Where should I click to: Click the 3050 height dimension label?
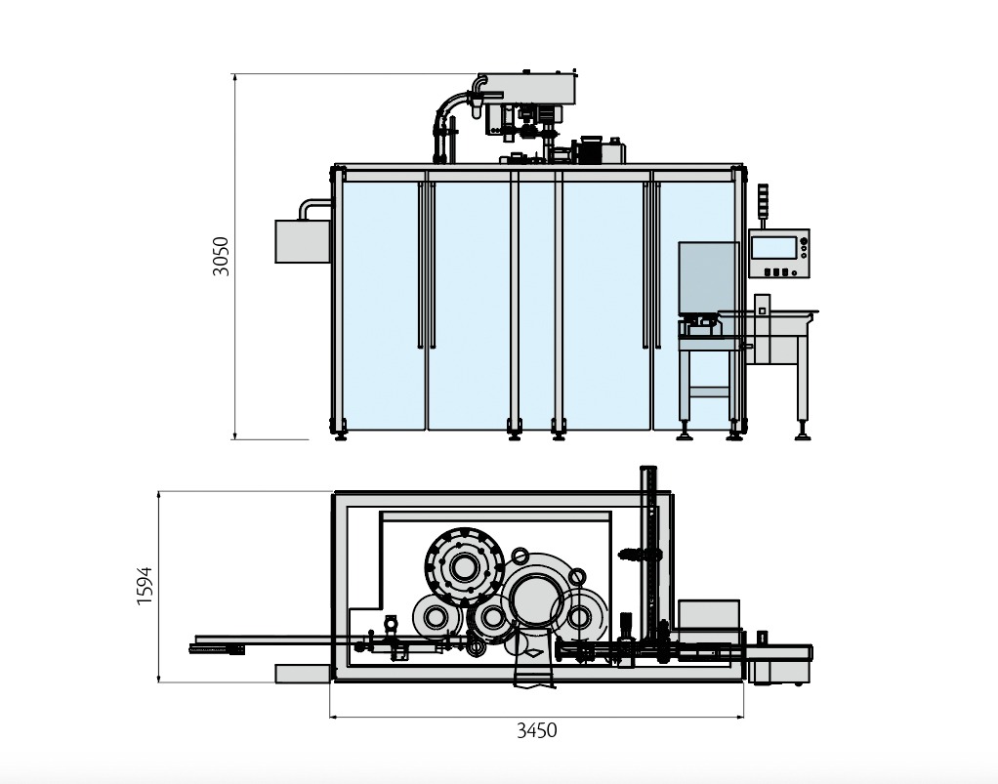point(221,257)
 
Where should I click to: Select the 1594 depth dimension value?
point(146,586)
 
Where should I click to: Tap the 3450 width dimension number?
point(536,730)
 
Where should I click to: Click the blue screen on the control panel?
point(773,247)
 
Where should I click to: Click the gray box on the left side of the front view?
point(303,241)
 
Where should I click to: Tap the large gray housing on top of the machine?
point(527,88)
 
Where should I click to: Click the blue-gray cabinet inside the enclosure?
point(708,278)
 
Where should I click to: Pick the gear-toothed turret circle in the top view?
point(465,567)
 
